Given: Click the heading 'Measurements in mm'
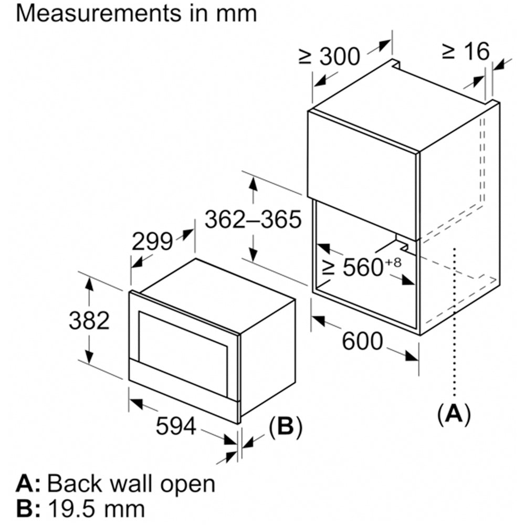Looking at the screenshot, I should pos(136,13).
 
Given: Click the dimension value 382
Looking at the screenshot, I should pos(89,320).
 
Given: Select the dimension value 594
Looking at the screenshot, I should pos(175,426).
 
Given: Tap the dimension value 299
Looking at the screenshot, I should pos(152,241).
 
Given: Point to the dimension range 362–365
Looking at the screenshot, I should pos(253,219).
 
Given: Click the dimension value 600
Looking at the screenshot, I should pos(363,342).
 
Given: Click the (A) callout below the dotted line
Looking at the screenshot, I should pos(454,414).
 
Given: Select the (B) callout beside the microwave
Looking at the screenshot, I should pos(285,427).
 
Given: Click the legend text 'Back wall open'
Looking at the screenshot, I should pos(131,484).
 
